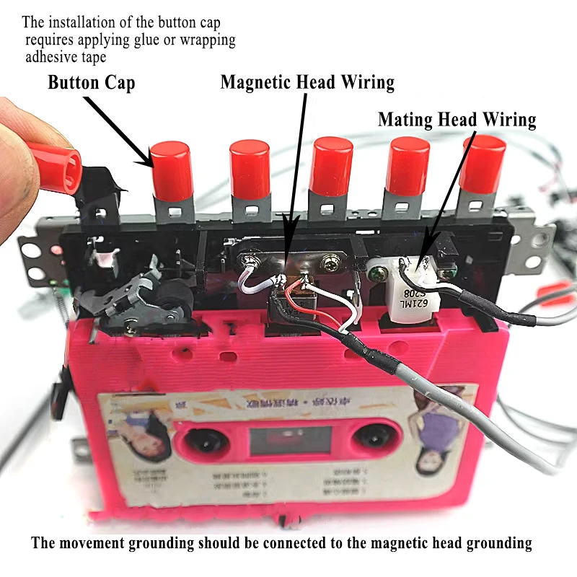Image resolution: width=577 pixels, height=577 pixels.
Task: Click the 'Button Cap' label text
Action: click(91, 82)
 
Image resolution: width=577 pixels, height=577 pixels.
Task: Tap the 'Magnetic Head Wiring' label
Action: click(307, 82)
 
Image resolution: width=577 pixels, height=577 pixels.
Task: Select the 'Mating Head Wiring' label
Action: click(457, 119)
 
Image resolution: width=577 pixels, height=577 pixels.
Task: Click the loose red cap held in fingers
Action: click(54, 167)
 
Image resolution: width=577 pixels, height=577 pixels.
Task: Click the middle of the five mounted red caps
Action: click(332, 167)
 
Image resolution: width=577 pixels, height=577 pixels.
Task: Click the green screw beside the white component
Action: click(449, 273)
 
